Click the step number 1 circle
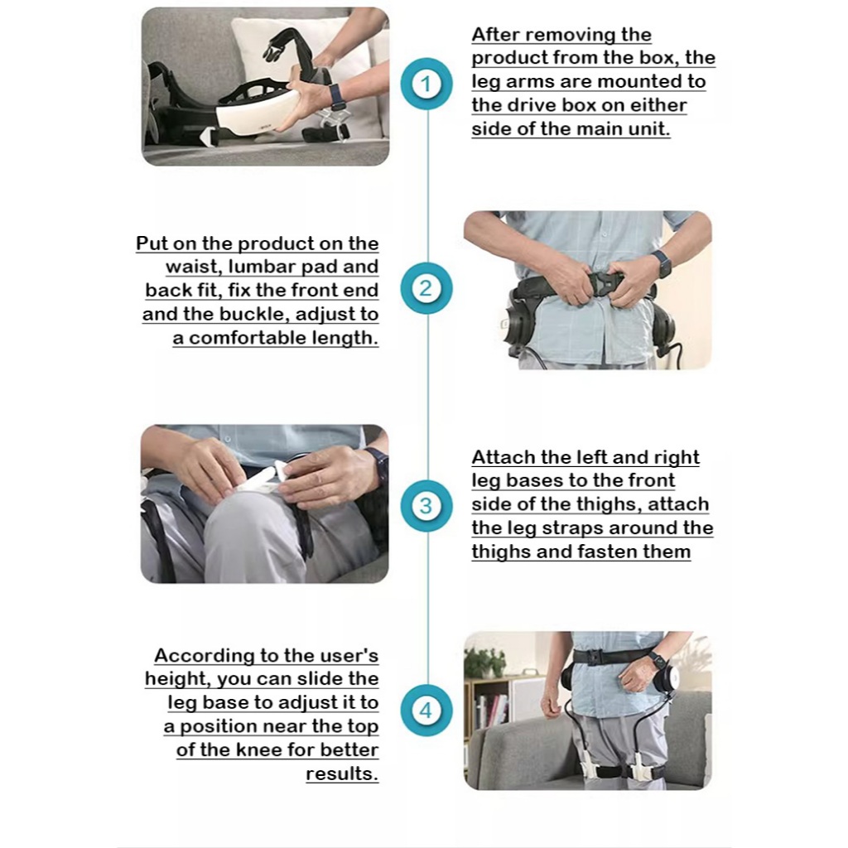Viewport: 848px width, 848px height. [x=426, y=84]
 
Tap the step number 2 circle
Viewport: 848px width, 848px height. [x=426, y=287]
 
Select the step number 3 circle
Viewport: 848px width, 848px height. [x=426, y=506]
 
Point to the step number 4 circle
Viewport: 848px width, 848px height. [x=426, y=710]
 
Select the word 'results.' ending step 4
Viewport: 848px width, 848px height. [x=342, y=774]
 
